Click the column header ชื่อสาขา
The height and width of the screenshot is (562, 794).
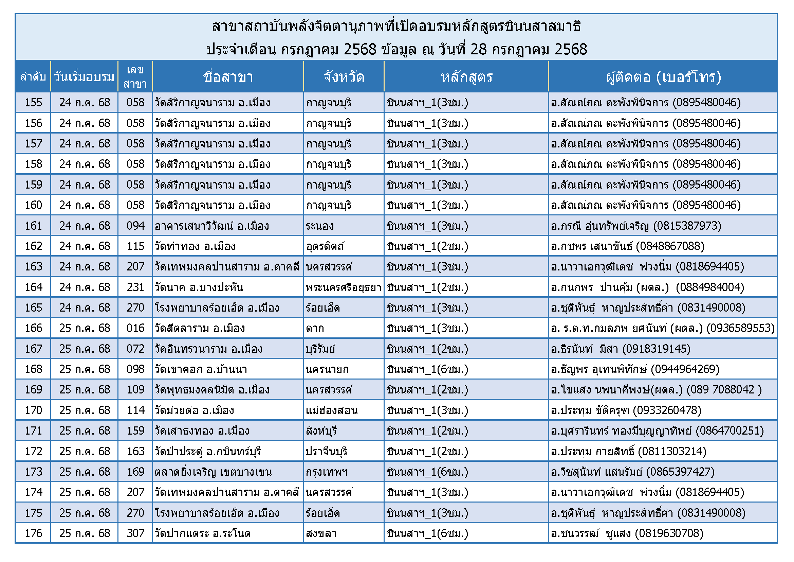click(228, 77)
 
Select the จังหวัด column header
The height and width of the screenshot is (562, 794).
click(344, 77)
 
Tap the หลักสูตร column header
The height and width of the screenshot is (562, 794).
click(466, 77)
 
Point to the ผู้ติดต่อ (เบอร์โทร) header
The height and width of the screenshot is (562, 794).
click(663, 77)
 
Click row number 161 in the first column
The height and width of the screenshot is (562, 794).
click(33, 226)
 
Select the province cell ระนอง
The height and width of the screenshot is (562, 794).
click(319, 226)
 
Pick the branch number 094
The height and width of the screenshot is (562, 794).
click(135, 226)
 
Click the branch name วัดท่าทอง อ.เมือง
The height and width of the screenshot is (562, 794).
click(195, 246)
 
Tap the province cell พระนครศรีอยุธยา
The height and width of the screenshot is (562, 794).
click(344, 287)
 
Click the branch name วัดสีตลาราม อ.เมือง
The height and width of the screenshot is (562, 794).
click(200, 328)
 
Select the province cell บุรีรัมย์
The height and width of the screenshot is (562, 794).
click(320, 349)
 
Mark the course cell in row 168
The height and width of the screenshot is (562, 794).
click(427, 369)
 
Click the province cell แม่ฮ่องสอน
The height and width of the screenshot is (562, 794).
click(331, 410)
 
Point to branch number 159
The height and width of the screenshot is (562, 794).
click(135, 431)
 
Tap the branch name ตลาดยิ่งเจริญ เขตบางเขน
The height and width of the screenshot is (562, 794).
click(213, 472)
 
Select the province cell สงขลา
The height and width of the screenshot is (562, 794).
click(321, 533)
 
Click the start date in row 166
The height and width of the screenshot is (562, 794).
click(85, 328)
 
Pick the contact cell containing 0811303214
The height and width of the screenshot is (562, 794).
click(628, 452)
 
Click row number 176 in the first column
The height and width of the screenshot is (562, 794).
click(33, 533)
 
